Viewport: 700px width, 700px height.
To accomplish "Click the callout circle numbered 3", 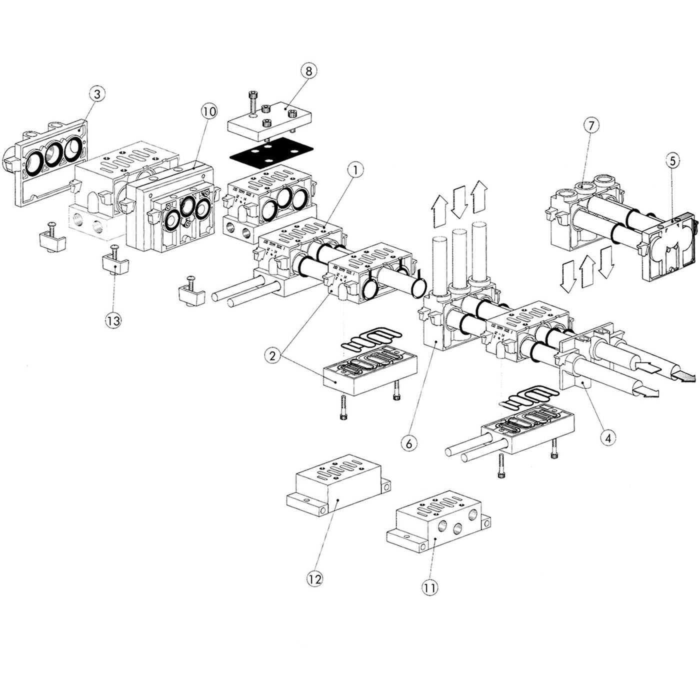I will (97, 93).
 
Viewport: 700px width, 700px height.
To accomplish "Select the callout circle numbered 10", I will (209, 111).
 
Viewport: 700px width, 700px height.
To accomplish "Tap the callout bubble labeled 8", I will (308, 71).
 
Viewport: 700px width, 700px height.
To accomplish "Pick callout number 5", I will (672, 160).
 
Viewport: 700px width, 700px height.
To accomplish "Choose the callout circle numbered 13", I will (113, 320).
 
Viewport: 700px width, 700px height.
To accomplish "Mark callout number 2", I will (272, 356).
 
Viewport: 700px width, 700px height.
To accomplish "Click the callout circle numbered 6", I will (409, 442).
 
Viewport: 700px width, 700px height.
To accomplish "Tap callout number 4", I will (608, 438).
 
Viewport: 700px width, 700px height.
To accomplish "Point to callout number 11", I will (429, 587).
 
